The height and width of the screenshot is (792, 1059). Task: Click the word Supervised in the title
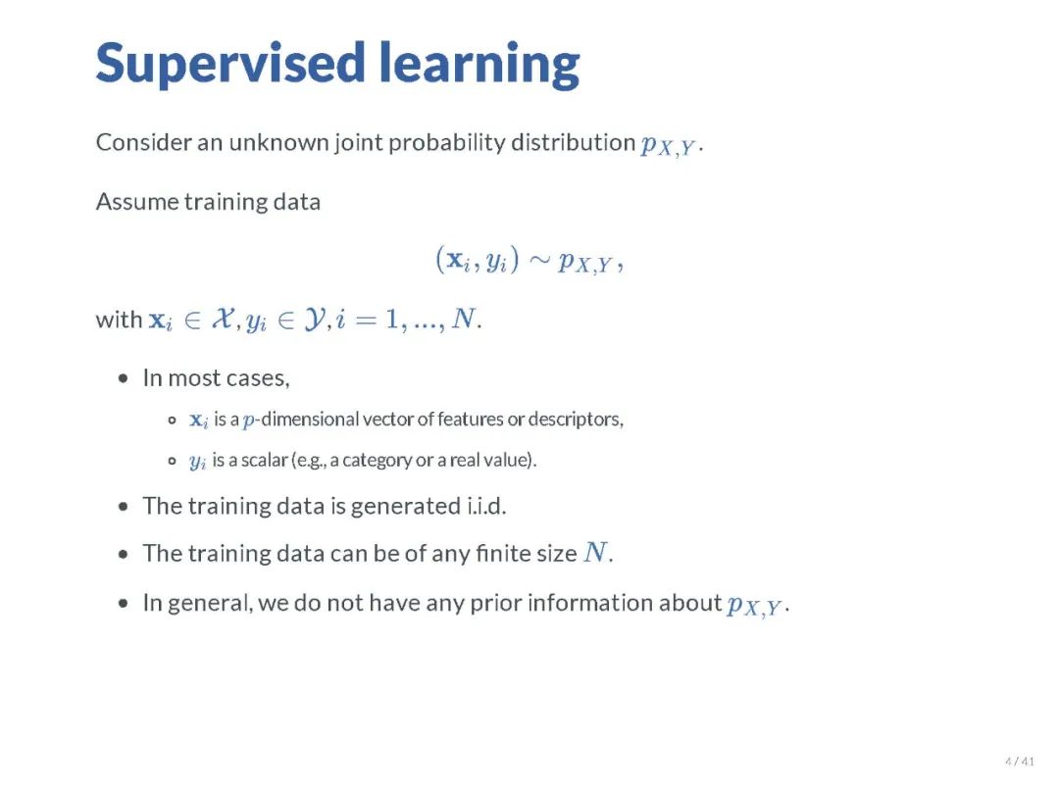(x=230, y=64)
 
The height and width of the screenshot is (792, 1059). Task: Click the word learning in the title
(x=479, y=64)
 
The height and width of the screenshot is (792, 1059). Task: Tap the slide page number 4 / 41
(x=1019, y=762)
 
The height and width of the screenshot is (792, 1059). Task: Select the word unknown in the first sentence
(x=278, y=142)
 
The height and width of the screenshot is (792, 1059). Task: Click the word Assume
(x=137, y=202)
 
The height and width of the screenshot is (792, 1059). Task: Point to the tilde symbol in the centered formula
(x=539, y=260)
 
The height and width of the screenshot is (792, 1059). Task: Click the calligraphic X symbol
(x=223, y=318)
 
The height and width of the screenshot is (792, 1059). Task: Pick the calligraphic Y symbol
(x=314, y=319)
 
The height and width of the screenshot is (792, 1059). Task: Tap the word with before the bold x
(x=119, y=319)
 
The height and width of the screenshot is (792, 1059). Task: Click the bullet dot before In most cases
(x=123, y=378)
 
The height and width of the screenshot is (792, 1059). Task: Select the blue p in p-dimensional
(x=249, y=421)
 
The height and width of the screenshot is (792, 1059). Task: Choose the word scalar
(x=265, y=460)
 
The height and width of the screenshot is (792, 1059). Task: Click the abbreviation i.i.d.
(x=485, y=506)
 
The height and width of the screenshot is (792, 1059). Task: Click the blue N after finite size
(x=595, y=552)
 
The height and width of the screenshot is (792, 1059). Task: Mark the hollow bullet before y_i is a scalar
(x=173, y=462)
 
